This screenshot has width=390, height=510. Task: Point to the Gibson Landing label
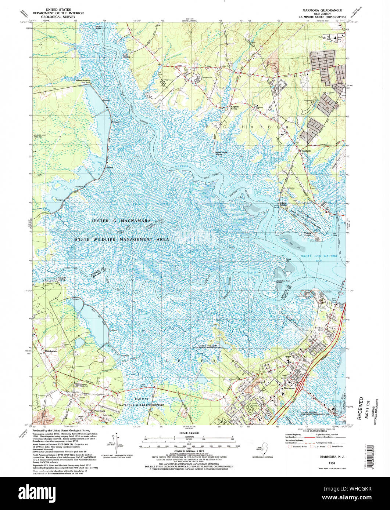coord(83,80)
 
